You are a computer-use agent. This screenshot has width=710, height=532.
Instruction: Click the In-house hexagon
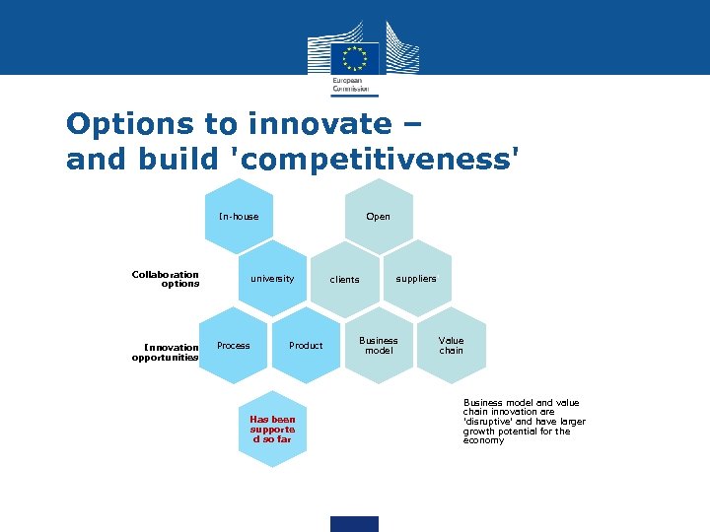click(x=239, y=217)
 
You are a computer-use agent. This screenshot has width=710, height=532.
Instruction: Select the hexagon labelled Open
click(x=378, y=217)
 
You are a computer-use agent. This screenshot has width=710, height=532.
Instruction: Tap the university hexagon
click(x=272, y=279)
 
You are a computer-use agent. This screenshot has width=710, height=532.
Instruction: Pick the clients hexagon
click(x=344, y=280)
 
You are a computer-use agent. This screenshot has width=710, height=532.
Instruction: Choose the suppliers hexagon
click(x=416, y=279)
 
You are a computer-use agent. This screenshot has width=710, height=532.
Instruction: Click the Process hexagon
click(x=234, y=346)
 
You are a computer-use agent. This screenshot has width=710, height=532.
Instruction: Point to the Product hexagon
click(x=306, y=346)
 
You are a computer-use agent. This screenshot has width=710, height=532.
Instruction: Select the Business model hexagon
click(x=379, y=346)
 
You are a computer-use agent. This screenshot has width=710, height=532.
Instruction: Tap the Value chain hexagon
click(x=451, y=346)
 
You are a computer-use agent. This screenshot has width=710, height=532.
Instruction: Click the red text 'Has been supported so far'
click(x=272, y=429)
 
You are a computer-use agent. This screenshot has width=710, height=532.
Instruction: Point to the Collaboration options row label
click(x=166, y=279)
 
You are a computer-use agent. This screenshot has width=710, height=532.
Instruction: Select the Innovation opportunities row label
click(x=165, y=352)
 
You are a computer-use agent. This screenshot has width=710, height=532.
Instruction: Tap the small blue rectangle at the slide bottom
click(x=354, y=523)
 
